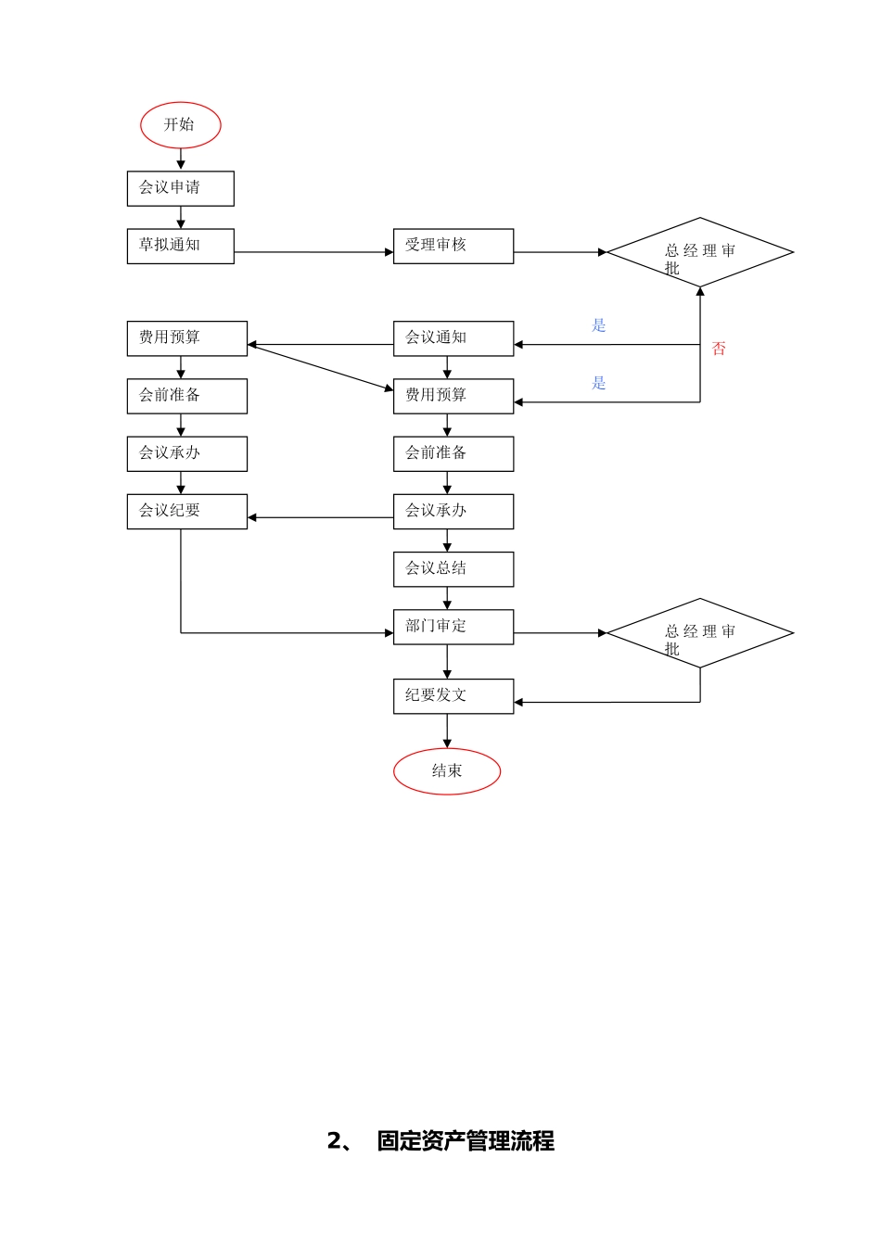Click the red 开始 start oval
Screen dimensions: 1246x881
pyautogui.click(x=180, y=125)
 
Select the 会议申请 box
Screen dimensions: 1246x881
pyautogui.click(x=180, y=188)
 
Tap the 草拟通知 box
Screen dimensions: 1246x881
pyautogui.click(x=180, y=246)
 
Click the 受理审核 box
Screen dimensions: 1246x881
pyautogui.click(x=453, y=246)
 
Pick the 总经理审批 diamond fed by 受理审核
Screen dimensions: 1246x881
pyautogui.click(x=699, y=252)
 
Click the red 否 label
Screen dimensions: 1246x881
pyautogui.click(x=719, y=349)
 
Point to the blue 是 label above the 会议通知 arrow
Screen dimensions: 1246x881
pyautogui.click(x=599, y=325)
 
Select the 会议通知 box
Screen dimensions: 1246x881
pyautogui.click(x=453, y=338)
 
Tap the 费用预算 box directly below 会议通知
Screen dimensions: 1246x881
pyautogui.click(x=453, y=396)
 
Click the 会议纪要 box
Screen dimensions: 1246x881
pyautogui.click(x=186, y=511)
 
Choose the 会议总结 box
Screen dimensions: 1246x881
pyautogui.click(x=453, y=569)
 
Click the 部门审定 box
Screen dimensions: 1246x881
pyautogui.click(x=453, y=627)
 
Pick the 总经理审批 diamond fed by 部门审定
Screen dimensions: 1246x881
pyautogui.click(x=699, y=633)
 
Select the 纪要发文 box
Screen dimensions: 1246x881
pyautogui.click(x=453, y=696)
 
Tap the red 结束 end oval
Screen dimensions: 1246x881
pyautogui.click(x=447, y=771)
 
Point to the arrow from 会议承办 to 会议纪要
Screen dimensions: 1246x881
pyautogui.click(x=320, y=517)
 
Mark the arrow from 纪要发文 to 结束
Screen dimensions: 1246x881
pyautogui.click(x=447, y=731)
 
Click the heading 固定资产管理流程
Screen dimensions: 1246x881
pyautogui.click(x=466, y=1141)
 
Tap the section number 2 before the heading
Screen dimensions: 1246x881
pyautogui.click(x=335, y=1141)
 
